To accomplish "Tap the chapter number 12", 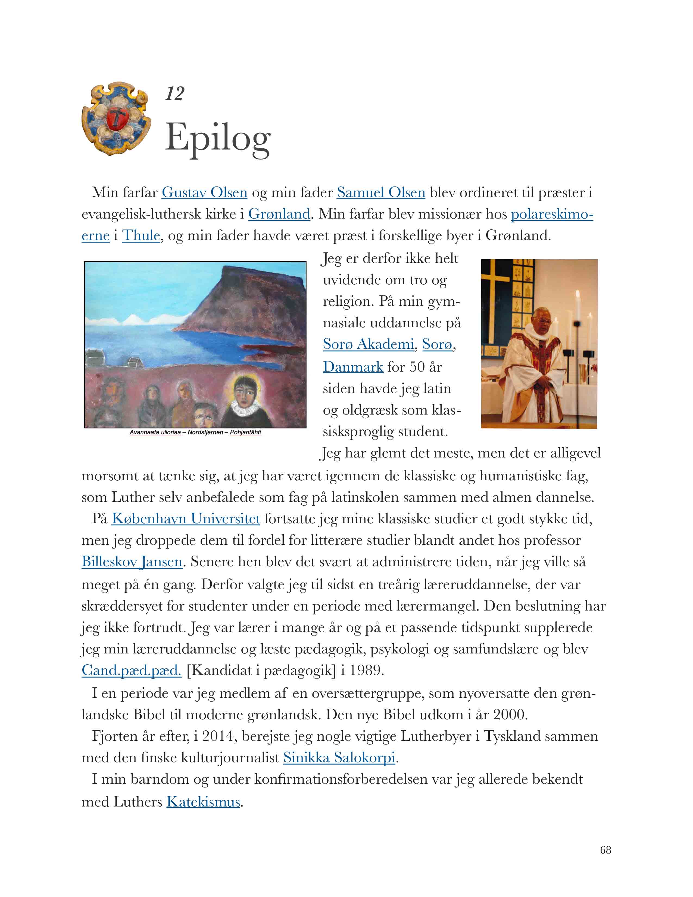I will coord(174,94).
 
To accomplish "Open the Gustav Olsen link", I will coord(204,192).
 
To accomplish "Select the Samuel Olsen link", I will coord(380,192).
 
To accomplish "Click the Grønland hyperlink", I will coord(279,214).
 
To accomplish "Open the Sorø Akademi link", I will coord(368,344).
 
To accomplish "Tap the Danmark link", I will coord(353,366).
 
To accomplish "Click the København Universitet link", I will coord(186,519).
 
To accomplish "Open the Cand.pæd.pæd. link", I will coord(131,670).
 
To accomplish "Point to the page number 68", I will coord(605,850).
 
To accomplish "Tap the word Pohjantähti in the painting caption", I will coord(245,432).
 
